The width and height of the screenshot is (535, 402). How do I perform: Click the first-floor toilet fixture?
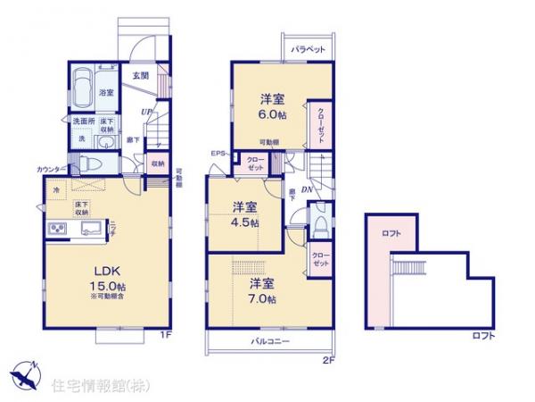click(x=90, y=163)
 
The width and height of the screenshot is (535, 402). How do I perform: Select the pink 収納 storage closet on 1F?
click(x=156, y=163)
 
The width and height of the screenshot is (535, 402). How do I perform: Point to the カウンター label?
click(x=51, y=169)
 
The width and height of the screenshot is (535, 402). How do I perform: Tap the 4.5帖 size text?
click(x=248, y=222)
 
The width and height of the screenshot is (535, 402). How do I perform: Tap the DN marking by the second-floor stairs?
click(x=306, y=189)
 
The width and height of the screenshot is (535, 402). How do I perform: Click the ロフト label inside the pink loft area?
click(x=390, y=234)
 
